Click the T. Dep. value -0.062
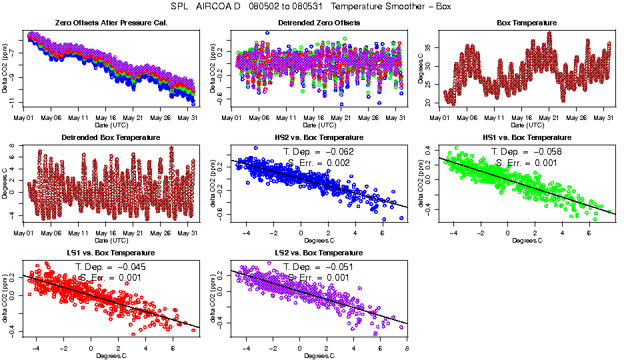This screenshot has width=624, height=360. tap(339, 152)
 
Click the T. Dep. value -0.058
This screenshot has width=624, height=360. tap(547, 152)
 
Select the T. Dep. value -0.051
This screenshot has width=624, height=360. tap(339, 267)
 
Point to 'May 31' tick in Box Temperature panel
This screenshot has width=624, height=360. tap(603, 118)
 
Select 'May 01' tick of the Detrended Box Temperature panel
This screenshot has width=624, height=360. tap(23, 233)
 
